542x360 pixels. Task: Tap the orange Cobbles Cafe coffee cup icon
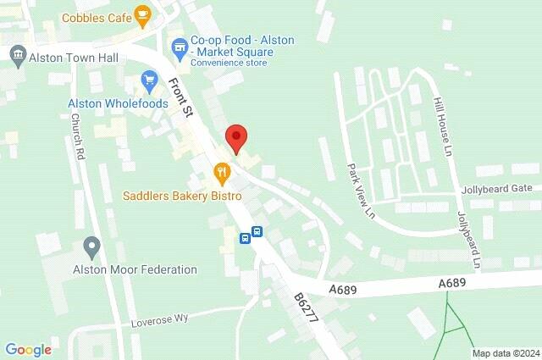pos(142,14)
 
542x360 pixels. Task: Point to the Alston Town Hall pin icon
pos(17,57)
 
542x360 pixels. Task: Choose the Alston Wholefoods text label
pos(118,104)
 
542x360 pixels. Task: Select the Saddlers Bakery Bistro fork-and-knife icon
pos(222,173)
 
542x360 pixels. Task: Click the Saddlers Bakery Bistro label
pos(182,196)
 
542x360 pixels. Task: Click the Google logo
pos(28,349)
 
